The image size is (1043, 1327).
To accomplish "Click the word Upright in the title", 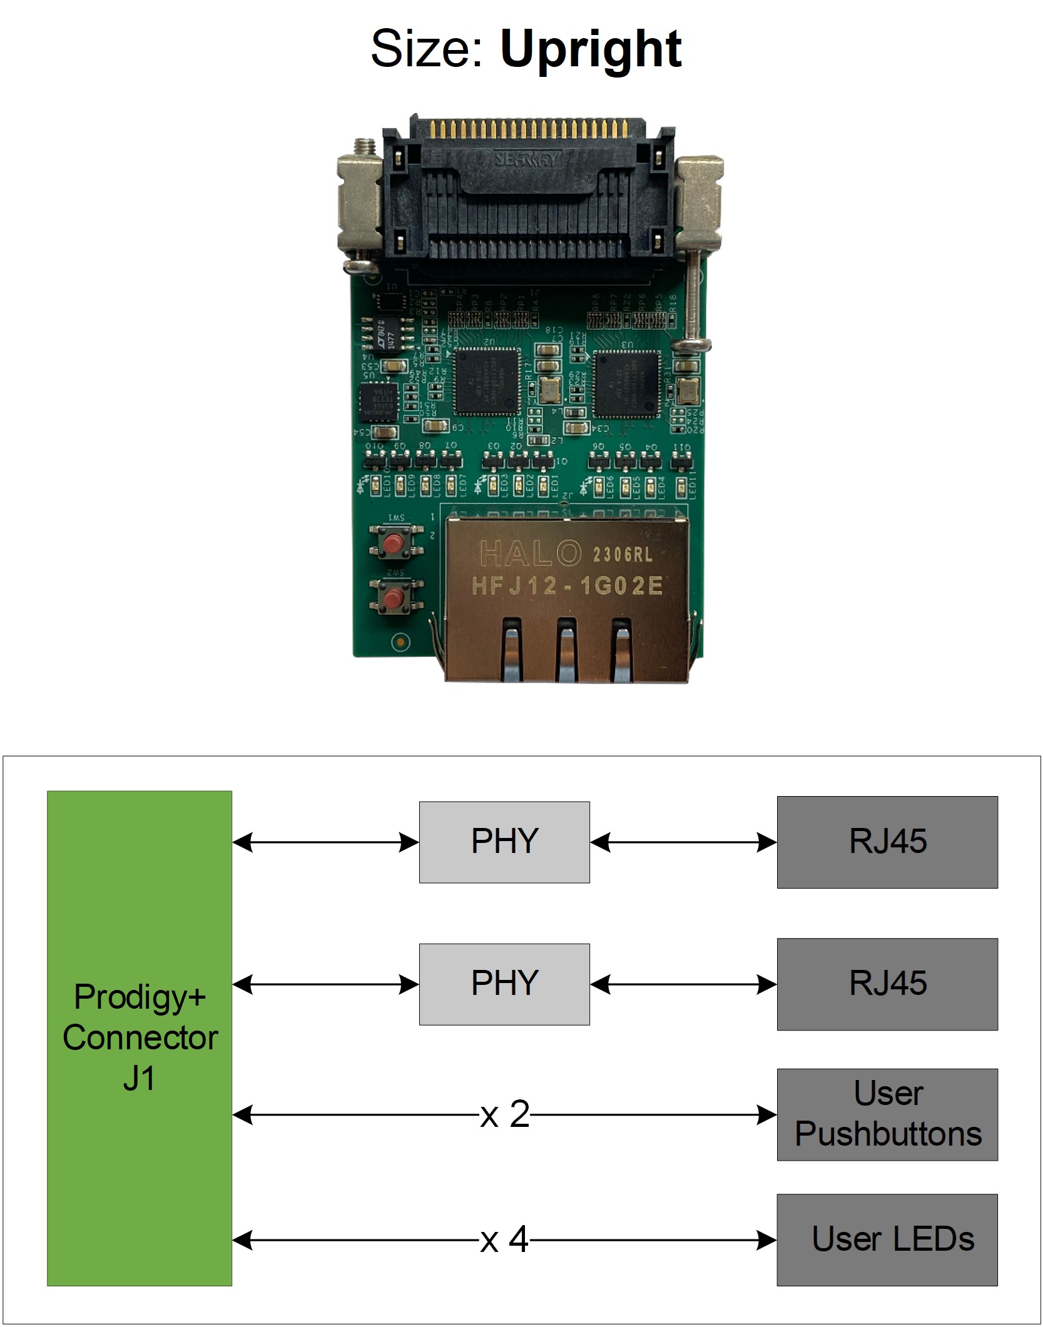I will pyautogui.click(x=590, y=50).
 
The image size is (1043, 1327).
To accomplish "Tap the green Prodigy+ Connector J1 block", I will pyautogui.click(x=139, y=1038).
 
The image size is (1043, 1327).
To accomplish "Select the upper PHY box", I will pyautogui.click(x=504, y=842).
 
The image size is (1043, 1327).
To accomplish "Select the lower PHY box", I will pyautogui.click(x=504, y=984).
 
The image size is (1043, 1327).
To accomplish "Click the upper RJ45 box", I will pyautogui.click(x=887, y=842).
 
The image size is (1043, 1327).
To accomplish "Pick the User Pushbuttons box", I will pyautogui.click(x=887, y=1114).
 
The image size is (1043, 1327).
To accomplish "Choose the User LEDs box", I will pyautogui.click(x=887, y=1239).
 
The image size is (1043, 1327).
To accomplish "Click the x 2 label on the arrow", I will pyautogui.click(x=504, y=1114).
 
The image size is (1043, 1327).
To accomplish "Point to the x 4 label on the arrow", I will pyautogui.click(x=504, y=1239).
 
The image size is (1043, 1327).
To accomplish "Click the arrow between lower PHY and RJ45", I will pyautogui.click(x=683, y=985).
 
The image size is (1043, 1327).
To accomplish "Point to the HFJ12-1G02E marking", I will pyautogui.click(x=566, y=587).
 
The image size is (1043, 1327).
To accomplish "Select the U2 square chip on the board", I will pyautogui.click(x=487, y=381).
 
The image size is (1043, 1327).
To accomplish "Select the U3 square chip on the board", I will pyautogui.click(x=627, y=383).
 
